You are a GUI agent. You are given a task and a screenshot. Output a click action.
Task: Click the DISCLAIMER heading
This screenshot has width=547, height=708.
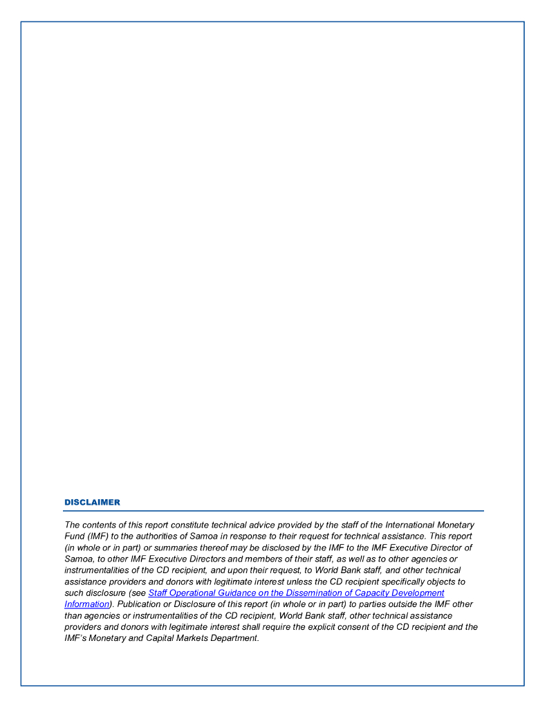click(x=92, y=502)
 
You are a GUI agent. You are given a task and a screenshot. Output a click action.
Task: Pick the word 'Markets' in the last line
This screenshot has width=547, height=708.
click(x=192, y=638)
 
